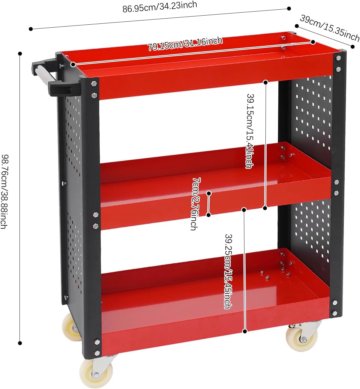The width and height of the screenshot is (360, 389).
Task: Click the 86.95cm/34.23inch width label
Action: pyautogui.click(x=160, y=7)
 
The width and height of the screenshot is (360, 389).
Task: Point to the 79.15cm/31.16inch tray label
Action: pyautogui.click(x=185, y=44)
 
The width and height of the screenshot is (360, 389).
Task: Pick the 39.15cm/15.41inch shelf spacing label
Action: pyautogui.click(x=250, y=131)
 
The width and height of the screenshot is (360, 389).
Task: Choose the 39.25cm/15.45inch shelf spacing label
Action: pyautogui.click(x=228, y=271)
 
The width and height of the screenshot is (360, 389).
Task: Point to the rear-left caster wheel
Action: pyautogui.click(x=70, y=327)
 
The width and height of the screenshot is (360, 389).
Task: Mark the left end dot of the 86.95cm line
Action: pyautogui.click(x=31, y=29)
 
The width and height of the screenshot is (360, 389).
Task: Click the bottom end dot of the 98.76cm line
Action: pyautogui.click(x=20, y=343)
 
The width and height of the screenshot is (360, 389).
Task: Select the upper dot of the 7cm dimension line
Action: pyautogui.click(x=209, y=194)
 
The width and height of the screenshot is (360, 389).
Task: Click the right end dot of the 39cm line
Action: pyautogui.click(x=352, y=47)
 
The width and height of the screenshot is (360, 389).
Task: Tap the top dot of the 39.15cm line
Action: pyautogui.click(x=265, y=82)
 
